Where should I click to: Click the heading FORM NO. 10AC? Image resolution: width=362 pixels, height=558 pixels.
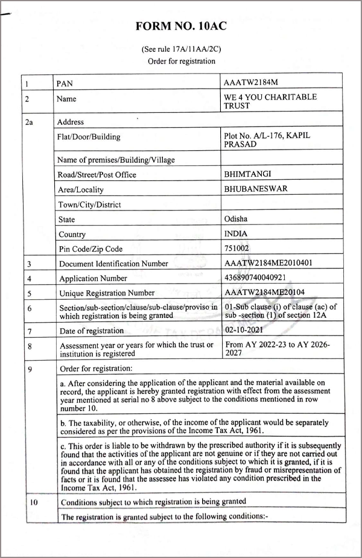181,26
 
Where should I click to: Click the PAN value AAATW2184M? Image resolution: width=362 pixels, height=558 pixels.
251,81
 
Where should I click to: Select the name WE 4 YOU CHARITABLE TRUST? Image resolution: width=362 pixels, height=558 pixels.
270,101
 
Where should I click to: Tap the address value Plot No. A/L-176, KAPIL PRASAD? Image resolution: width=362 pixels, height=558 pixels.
266,141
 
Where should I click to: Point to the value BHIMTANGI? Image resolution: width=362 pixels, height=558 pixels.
248,174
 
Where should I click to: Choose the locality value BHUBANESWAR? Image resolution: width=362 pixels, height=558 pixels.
255,189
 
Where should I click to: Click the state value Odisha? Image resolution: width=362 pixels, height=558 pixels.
235,219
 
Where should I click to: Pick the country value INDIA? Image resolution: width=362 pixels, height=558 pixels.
235,233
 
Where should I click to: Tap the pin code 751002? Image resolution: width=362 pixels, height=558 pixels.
237,248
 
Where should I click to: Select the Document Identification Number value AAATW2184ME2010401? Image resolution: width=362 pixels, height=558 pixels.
268,263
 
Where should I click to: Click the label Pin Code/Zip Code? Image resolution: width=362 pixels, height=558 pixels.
91,249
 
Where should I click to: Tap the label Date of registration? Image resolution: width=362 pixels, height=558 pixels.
92,331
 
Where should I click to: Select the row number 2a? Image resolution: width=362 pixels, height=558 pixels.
29,122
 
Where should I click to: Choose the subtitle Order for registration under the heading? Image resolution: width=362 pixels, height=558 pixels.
181,61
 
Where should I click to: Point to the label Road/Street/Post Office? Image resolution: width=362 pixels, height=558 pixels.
97,174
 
